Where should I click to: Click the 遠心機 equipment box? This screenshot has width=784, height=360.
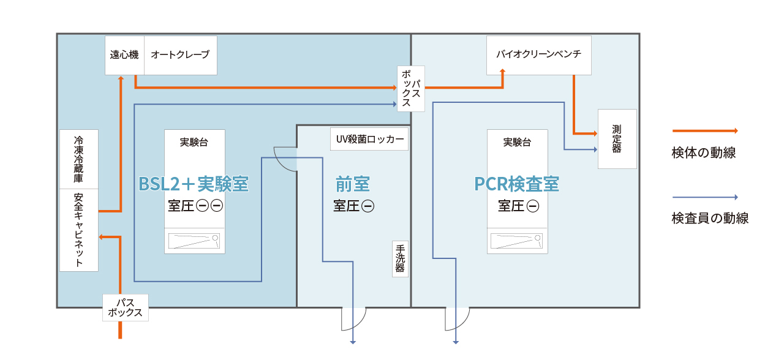[x=124, y=55]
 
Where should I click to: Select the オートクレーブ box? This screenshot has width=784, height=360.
[x=180, y=55]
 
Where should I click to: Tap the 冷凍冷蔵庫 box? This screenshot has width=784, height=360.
[x=79, y=159]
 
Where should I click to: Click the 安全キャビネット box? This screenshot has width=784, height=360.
[x=79, y=230]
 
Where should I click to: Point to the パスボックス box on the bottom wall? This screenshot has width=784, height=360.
[x=125, y=307]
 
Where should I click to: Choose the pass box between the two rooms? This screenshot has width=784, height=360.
[x=411, y=89]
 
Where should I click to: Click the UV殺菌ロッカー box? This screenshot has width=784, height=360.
[x=369, y=139]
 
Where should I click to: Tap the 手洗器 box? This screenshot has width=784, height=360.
[x=400, y=258]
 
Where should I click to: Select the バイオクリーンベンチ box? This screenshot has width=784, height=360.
[x=539, y=54]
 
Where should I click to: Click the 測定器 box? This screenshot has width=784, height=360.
[x=617, y=139]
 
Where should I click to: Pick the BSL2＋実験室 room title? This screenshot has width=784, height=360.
[x=194, y=184]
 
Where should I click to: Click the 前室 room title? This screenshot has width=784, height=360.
[x=353, y=184]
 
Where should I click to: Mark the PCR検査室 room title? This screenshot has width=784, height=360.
[x=517, y=184]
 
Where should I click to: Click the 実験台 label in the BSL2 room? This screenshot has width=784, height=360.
[x=194, y=142]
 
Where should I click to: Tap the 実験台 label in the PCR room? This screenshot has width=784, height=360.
[x=517, y=142]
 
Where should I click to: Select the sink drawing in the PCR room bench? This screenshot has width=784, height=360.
[x=517, y=241]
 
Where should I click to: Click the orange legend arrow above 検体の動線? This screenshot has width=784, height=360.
[x=704, y=130]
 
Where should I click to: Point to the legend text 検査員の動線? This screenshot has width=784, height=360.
[x=710, y=218]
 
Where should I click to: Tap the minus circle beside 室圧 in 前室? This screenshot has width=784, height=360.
[x=368, y=206]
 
